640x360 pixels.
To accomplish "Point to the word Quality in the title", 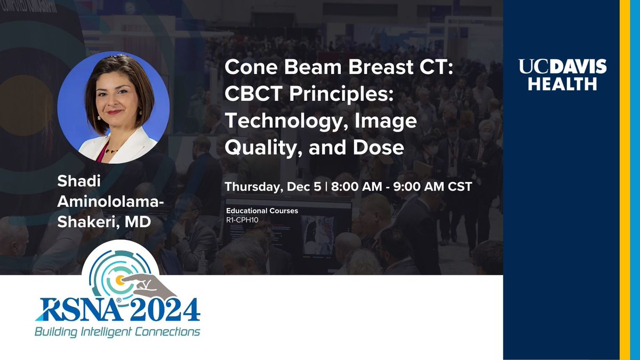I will point(263,147).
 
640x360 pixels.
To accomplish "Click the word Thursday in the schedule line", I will point(250,188).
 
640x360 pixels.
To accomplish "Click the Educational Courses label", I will point(262,211).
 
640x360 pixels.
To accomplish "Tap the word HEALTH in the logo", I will point(563,84).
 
